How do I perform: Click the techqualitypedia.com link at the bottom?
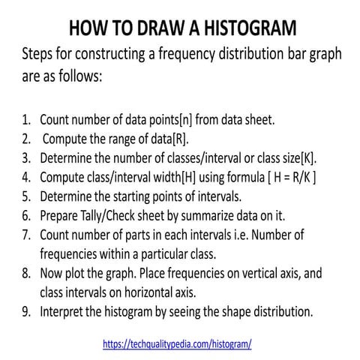point(177,343)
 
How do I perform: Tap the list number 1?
point(26,120)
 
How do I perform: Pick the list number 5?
point(26,197)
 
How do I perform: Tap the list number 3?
point(26,159)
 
